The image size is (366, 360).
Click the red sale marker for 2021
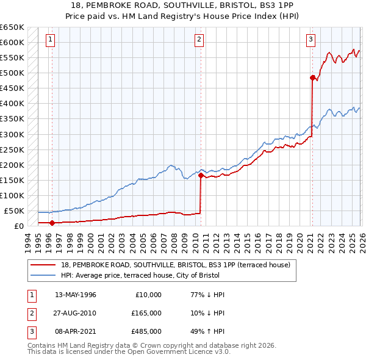pos(312,77)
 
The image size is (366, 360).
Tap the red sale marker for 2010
pos(201,175)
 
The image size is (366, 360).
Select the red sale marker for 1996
pos(52,223)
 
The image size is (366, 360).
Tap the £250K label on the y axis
pos(12,149)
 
